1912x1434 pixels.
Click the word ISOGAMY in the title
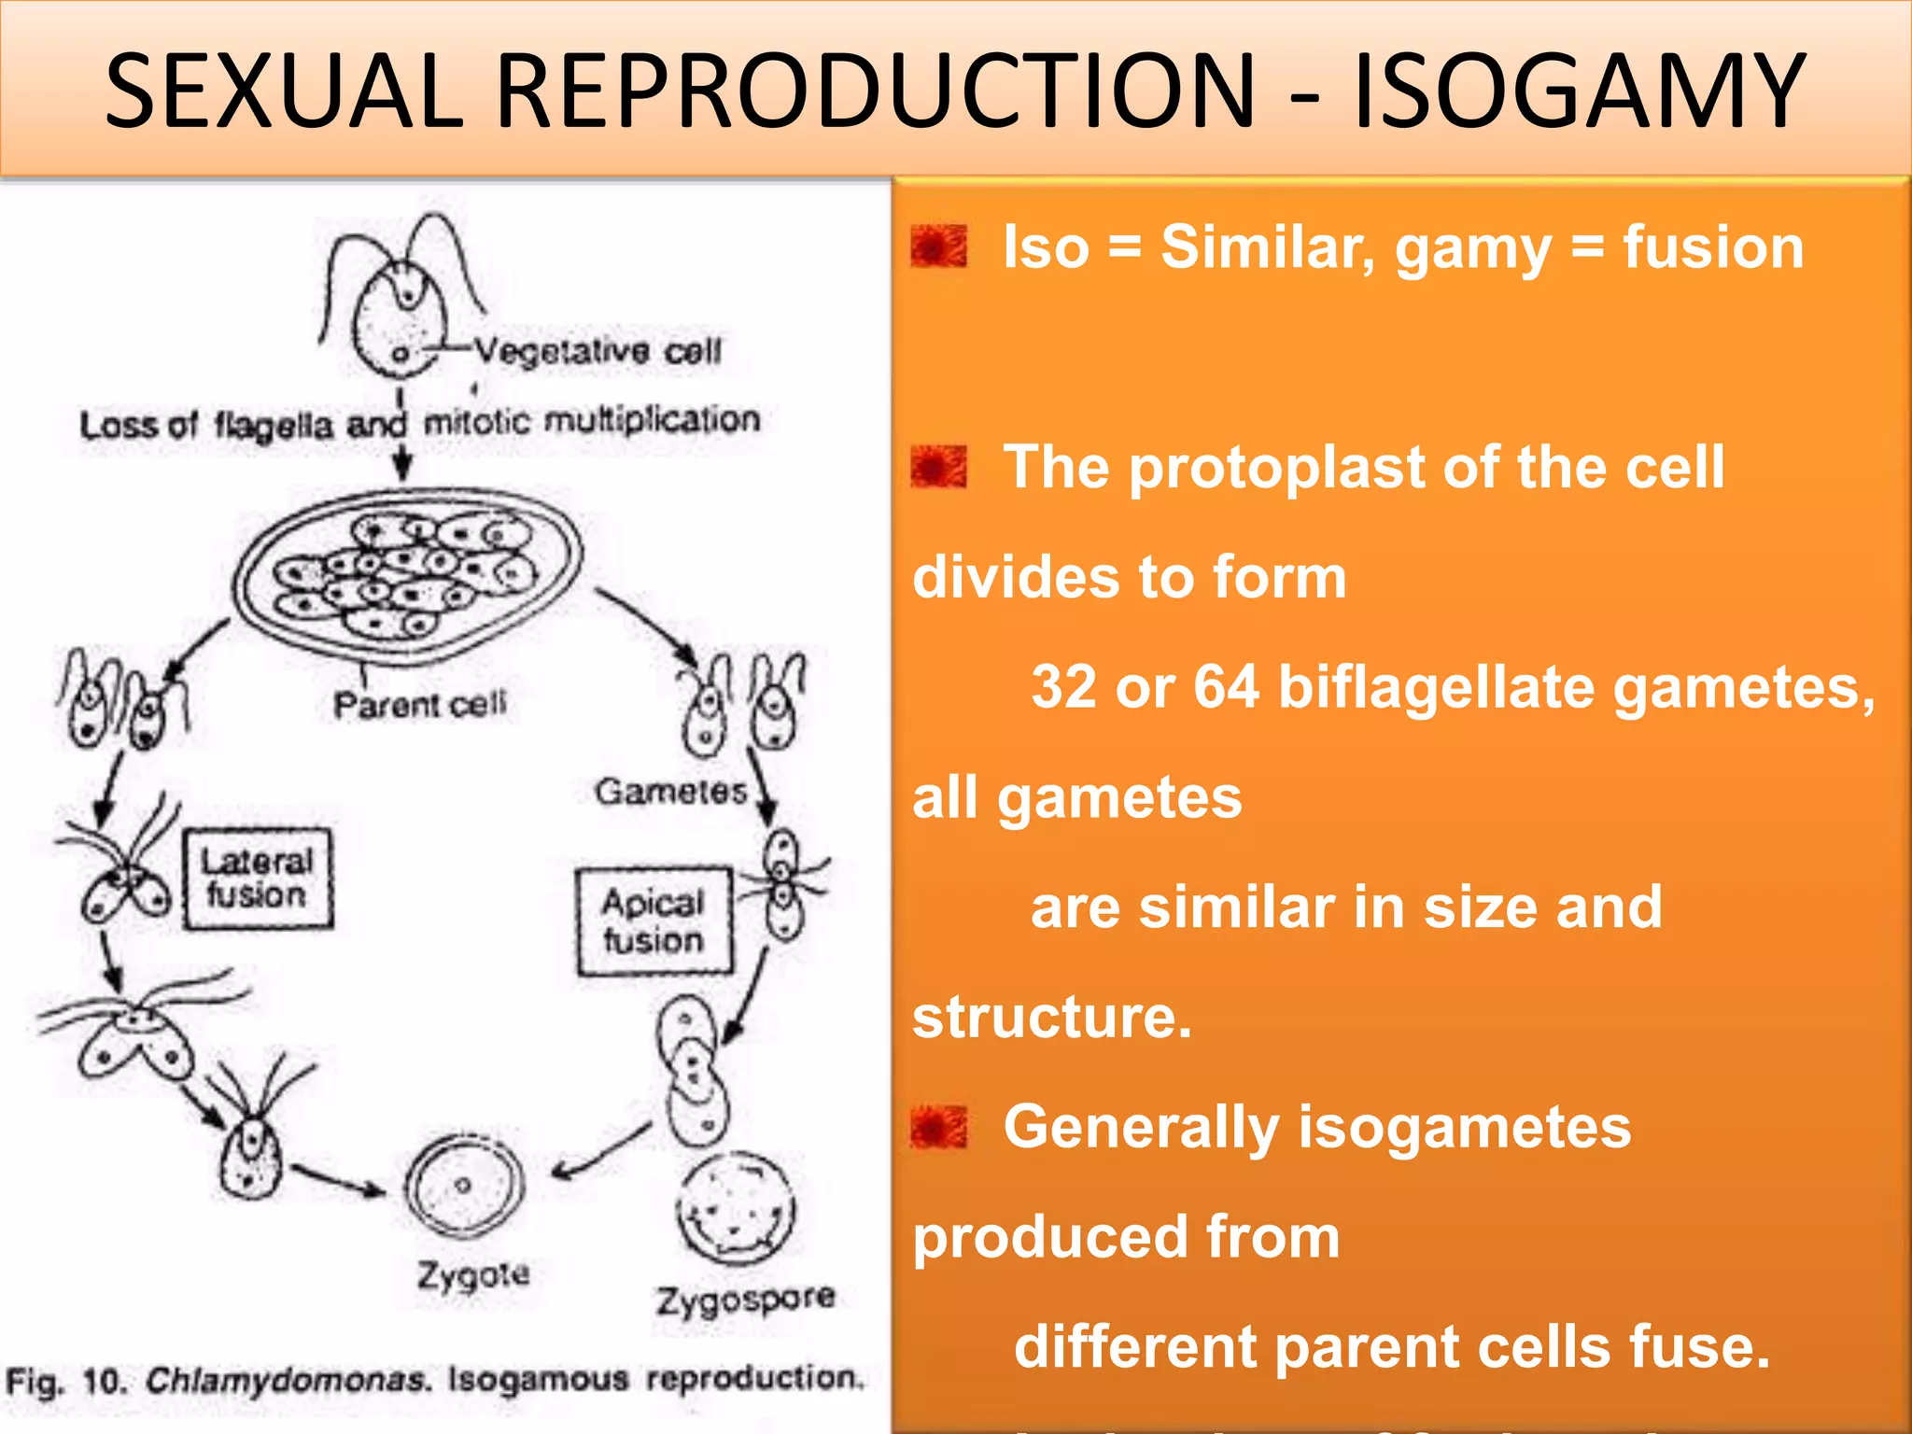[1578, 91]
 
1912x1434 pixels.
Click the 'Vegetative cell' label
[597, 352]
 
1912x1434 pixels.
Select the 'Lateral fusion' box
[258, 878]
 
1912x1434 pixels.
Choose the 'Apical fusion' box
[653, 921]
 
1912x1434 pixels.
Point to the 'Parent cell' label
[420, 704]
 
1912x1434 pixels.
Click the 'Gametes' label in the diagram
[671, 792]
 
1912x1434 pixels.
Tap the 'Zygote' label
[473, 1274]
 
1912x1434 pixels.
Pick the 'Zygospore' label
[745, 1299]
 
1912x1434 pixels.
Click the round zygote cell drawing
[464, 1185]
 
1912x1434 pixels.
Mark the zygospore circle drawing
[737, 1208]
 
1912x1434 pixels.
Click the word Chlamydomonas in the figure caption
[288, 1380]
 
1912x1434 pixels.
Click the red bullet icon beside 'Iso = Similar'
[939, 247]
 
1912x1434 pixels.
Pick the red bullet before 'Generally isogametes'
[939, 1127]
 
